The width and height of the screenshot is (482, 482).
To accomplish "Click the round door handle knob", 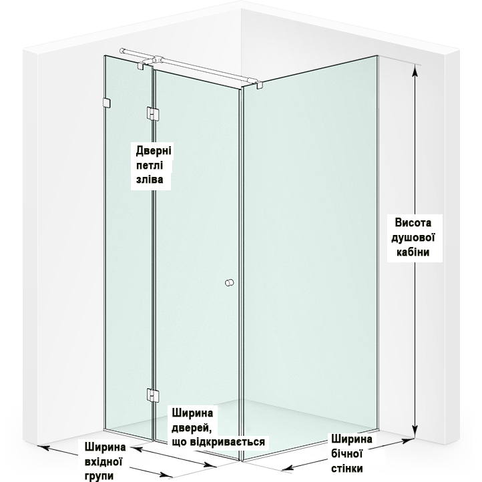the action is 230,282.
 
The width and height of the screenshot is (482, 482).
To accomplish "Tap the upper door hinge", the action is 152,113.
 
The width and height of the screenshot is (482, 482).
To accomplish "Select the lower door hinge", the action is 152,395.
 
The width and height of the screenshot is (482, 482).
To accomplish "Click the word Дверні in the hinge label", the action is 154,151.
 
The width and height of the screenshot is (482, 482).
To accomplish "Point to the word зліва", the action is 150,180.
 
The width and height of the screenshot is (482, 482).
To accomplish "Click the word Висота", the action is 413,222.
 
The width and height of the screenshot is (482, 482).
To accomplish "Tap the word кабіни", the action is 413,252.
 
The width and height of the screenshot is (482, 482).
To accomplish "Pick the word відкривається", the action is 227,442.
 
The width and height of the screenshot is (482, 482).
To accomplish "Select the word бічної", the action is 346,454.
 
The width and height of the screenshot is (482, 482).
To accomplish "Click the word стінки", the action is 347,468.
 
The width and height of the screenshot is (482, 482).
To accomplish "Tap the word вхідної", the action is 103,461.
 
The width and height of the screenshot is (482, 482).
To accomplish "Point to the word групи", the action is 99,476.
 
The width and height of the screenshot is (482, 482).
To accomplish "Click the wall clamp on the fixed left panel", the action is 106,103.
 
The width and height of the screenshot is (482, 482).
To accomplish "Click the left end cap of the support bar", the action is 122,51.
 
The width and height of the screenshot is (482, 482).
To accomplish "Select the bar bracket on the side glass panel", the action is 259,84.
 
